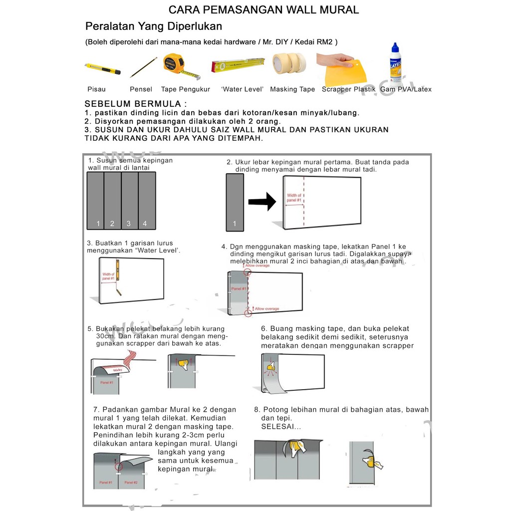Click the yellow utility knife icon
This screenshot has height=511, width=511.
coord(102,69)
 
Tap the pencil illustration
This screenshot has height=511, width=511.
coord(143,67)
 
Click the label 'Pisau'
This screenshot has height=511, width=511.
coord(96,89)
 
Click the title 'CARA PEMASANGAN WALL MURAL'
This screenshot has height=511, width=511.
coord(263,10)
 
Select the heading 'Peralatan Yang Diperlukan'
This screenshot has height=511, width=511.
coord(154,26)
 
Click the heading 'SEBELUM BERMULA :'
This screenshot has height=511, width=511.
coord(136,104)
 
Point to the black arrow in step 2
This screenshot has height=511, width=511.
coord(262,202)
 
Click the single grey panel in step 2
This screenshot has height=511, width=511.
coord(235,202)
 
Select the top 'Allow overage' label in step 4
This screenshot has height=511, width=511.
coord(258,265)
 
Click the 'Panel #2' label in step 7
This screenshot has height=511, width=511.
coord(131,483)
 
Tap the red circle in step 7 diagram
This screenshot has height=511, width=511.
coord(118,467)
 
